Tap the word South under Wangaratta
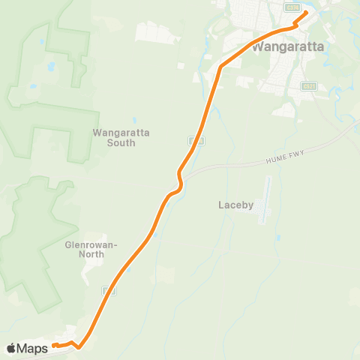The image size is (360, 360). tap(121, 142)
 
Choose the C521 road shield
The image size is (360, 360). tap(307, 85)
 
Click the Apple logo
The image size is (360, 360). tap(12, 348)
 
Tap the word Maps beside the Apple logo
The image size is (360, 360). tap(34, 348)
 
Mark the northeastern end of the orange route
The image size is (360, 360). tap(306, 13)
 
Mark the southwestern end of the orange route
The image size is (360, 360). tap(54, 346)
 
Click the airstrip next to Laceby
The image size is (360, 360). tap(265, 200)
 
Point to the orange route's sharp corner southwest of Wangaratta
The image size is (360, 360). tap(220, 67)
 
